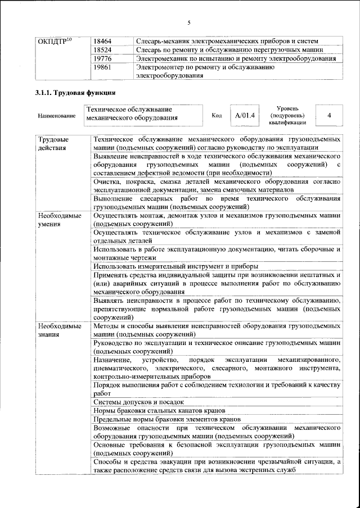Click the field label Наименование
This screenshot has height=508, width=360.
(56, 116)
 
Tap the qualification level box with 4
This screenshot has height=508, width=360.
(328, 115)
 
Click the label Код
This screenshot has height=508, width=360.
(217, 116)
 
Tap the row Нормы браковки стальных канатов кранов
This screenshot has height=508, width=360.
(159, 411)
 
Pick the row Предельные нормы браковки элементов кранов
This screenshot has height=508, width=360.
(167, 419)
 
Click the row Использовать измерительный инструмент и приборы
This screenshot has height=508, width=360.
(176, 266)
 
